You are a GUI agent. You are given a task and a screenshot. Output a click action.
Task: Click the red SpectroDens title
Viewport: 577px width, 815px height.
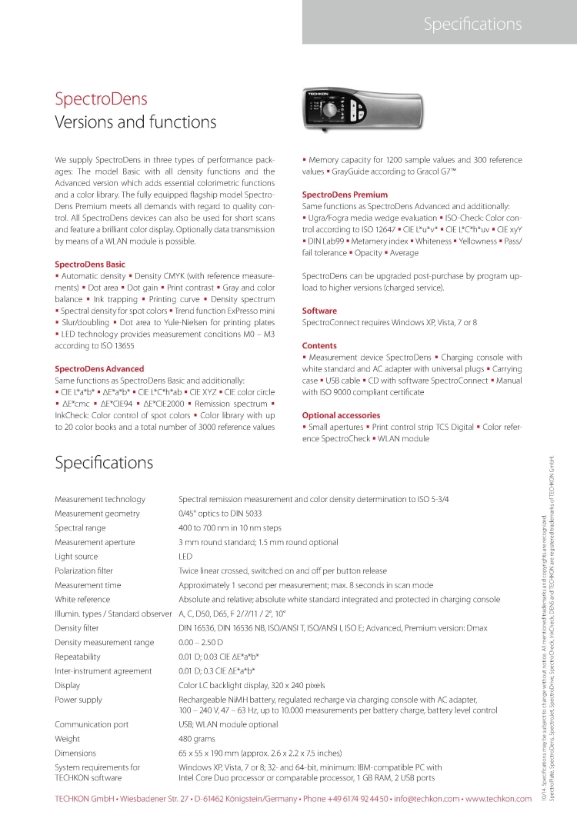coord(101,99)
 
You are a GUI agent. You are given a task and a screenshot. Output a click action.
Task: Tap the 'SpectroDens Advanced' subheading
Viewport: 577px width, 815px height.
coord(99,369)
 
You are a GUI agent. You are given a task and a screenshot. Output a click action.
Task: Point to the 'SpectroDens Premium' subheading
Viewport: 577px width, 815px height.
coord(345,195)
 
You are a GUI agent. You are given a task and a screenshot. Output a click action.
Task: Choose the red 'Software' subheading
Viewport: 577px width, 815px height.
coord(319,311)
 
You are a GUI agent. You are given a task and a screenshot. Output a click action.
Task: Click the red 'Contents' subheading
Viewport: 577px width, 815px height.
coord(320,346)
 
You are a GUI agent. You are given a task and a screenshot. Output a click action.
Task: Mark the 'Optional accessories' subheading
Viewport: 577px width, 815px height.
coord(341,415)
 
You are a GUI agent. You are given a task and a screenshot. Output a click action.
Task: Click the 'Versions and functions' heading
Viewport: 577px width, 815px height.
coord(135,122)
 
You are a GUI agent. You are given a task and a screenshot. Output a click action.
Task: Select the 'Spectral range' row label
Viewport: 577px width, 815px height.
coord(80,527)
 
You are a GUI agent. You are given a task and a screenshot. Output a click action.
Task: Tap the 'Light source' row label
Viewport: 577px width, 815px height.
coord(76,556)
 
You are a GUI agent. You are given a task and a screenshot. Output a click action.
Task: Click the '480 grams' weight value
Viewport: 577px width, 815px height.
coord(196,738)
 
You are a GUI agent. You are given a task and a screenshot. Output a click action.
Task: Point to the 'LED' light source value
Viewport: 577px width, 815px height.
coord(185,556)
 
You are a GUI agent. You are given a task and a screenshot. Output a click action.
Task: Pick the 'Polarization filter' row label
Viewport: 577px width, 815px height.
coord(84,570)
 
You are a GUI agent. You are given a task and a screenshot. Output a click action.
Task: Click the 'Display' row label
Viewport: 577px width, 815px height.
coord(67,685)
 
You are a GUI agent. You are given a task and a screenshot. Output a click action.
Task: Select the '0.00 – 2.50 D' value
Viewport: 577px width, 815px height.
coord(201,642)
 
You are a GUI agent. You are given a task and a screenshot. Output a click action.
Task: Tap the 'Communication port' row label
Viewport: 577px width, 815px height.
coord(92,724)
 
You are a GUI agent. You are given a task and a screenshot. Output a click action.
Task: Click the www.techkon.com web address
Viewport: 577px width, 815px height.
coord(499,799)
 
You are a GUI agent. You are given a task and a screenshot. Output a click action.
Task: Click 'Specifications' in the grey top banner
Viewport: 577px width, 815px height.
coord(472,25)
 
